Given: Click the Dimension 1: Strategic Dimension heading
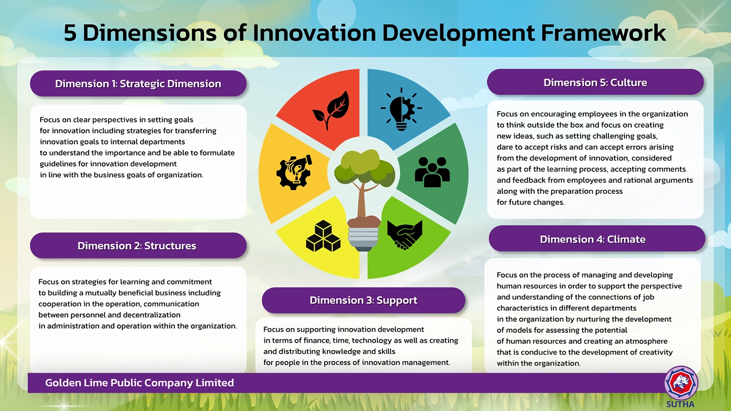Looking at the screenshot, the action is [x=138, y=84].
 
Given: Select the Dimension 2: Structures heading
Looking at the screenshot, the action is [x=137, y=246].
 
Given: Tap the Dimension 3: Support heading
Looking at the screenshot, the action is [x=363, y=300].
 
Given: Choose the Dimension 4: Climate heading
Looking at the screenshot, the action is [x=593, y=239].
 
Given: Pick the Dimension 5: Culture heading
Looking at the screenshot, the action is [x=595, y=83].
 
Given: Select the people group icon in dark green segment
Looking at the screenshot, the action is [x=432, y=172].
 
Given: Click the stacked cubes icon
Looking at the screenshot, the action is [x=323, y=236].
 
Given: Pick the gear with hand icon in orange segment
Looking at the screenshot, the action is [x=294, y=172].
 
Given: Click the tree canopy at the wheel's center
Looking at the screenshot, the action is [x=364, y=167].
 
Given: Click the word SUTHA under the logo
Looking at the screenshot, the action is [x=680, y=405].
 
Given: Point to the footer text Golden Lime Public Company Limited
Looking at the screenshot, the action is [x=139, y=383].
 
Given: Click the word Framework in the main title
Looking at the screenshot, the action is [x=603, y=33].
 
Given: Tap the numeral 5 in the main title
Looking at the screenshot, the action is [x=70, y=33].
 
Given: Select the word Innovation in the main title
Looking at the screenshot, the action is [x=314, y=33].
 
